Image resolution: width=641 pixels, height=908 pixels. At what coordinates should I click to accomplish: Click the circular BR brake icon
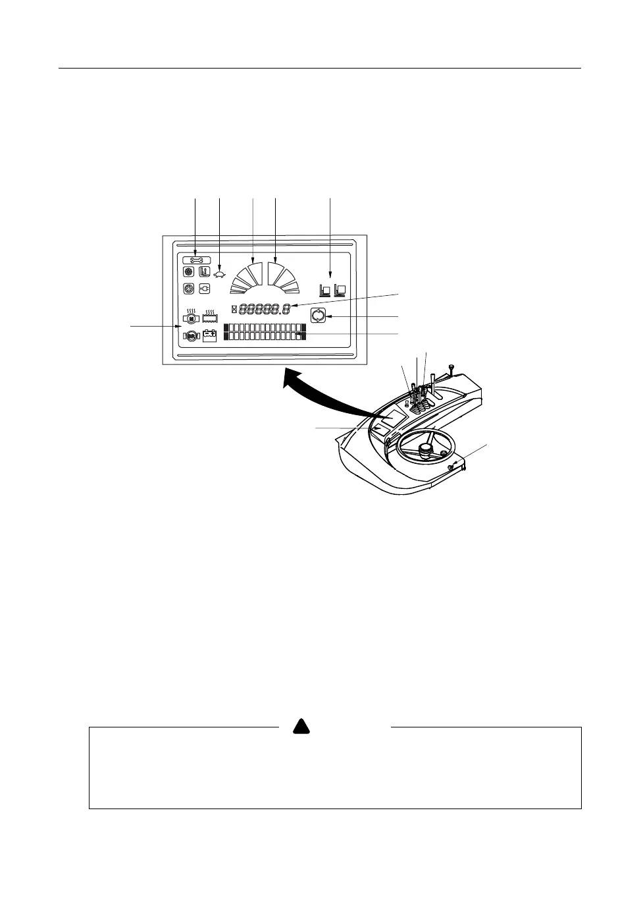[x=191, y=336]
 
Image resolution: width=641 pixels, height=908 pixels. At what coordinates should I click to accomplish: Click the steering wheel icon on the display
[x=189, y=289]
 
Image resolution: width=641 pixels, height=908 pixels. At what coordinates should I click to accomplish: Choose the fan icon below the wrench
[x=189, y=271]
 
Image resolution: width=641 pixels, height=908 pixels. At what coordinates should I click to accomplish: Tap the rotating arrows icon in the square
[x=319, y=316]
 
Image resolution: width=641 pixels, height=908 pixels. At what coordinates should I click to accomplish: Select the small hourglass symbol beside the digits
[x=234, y=308]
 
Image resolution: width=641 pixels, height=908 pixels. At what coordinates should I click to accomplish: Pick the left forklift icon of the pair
[x=325, y=290]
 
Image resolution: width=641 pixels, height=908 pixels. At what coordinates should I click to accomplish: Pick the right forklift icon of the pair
[x=340, y=290]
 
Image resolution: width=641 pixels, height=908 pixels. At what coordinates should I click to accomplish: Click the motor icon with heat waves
[x=191, y=318]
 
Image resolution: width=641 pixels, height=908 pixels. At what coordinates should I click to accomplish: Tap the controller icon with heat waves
[x=210, y=317]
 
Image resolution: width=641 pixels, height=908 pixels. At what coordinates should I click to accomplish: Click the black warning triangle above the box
[x=301, y=727]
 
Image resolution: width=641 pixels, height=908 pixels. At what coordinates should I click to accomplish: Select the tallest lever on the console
[x=434, y=389]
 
